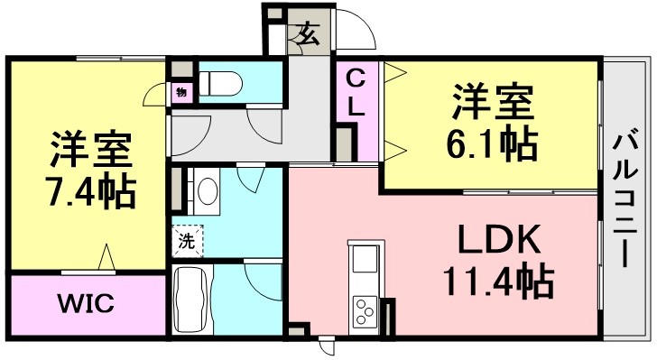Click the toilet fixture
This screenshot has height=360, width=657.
pos(220,83)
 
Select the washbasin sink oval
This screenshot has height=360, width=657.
pos(208,191)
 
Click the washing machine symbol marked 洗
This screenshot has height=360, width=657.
pos(188,241)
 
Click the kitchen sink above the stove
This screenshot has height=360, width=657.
pos(365,259)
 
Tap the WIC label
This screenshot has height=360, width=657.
pos(86,303)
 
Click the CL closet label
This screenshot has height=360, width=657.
pos(356,93)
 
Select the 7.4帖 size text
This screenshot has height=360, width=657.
pos(92,192)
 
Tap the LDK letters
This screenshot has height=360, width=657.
pos(498,239)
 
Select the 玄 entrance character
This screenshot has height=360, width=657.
pos(309,33)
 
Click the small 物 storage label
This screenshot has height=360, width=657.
pos(181,93)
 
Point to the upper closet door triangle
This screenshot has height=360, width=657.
pos(395,72)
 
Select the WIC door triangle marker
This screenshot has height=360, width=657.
pos(106,256)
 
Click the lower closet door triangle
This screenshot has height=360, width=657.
pos(395,151)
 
